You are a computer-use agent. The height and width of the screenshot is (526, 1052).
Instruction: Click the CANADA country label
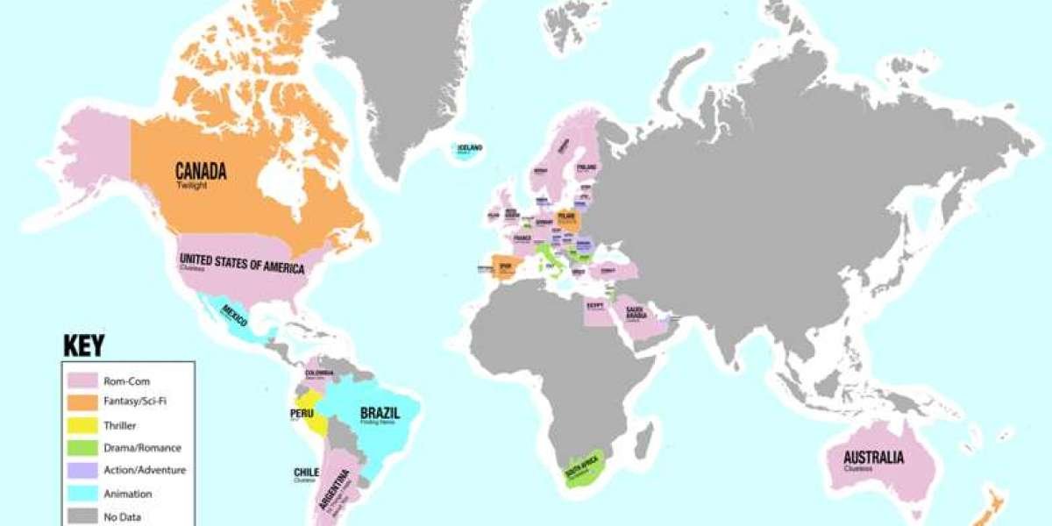click(201, 170)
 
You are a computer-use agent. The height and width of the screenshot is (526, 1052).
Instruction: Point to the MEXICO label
click(234, 311)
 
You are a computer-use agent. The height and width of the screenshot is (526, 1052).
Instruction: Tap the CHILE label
click(306, 473)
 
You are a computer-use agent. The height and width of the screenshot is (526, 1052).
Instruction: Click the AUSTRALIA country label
click(872, 457)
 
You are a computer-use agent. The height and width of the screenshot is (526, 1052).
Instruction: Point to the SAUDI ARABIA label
click(636, 309)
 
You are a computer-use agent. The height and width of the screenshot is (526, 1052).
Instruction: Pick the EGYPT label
click(596, 304)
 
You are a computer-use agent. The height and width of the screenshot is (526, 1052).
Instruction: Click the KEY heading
click(84, 345)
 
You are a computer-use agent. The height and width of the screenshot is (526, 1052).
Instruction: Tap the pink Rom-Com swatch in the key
click(82, 380)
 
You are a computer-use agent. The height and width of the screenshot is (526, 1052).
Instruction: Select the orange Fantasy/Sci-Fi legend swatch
click(82, 403)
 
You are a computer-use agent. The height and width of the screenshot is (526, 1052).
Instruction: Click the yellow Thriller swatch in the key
click(82, 426)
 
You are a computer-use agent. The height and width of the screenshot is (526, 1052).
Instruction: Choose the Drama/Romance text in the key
click(142, 448)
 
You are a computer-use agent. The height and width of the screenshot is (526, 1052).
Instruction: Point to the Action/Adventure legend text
click(145, 471)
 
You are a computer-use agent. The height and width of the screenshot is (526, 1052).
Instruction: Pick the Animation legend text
click(128, 494)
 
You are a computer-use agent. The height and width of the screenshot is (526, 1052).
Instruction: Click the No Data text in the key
click(123, 516)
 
